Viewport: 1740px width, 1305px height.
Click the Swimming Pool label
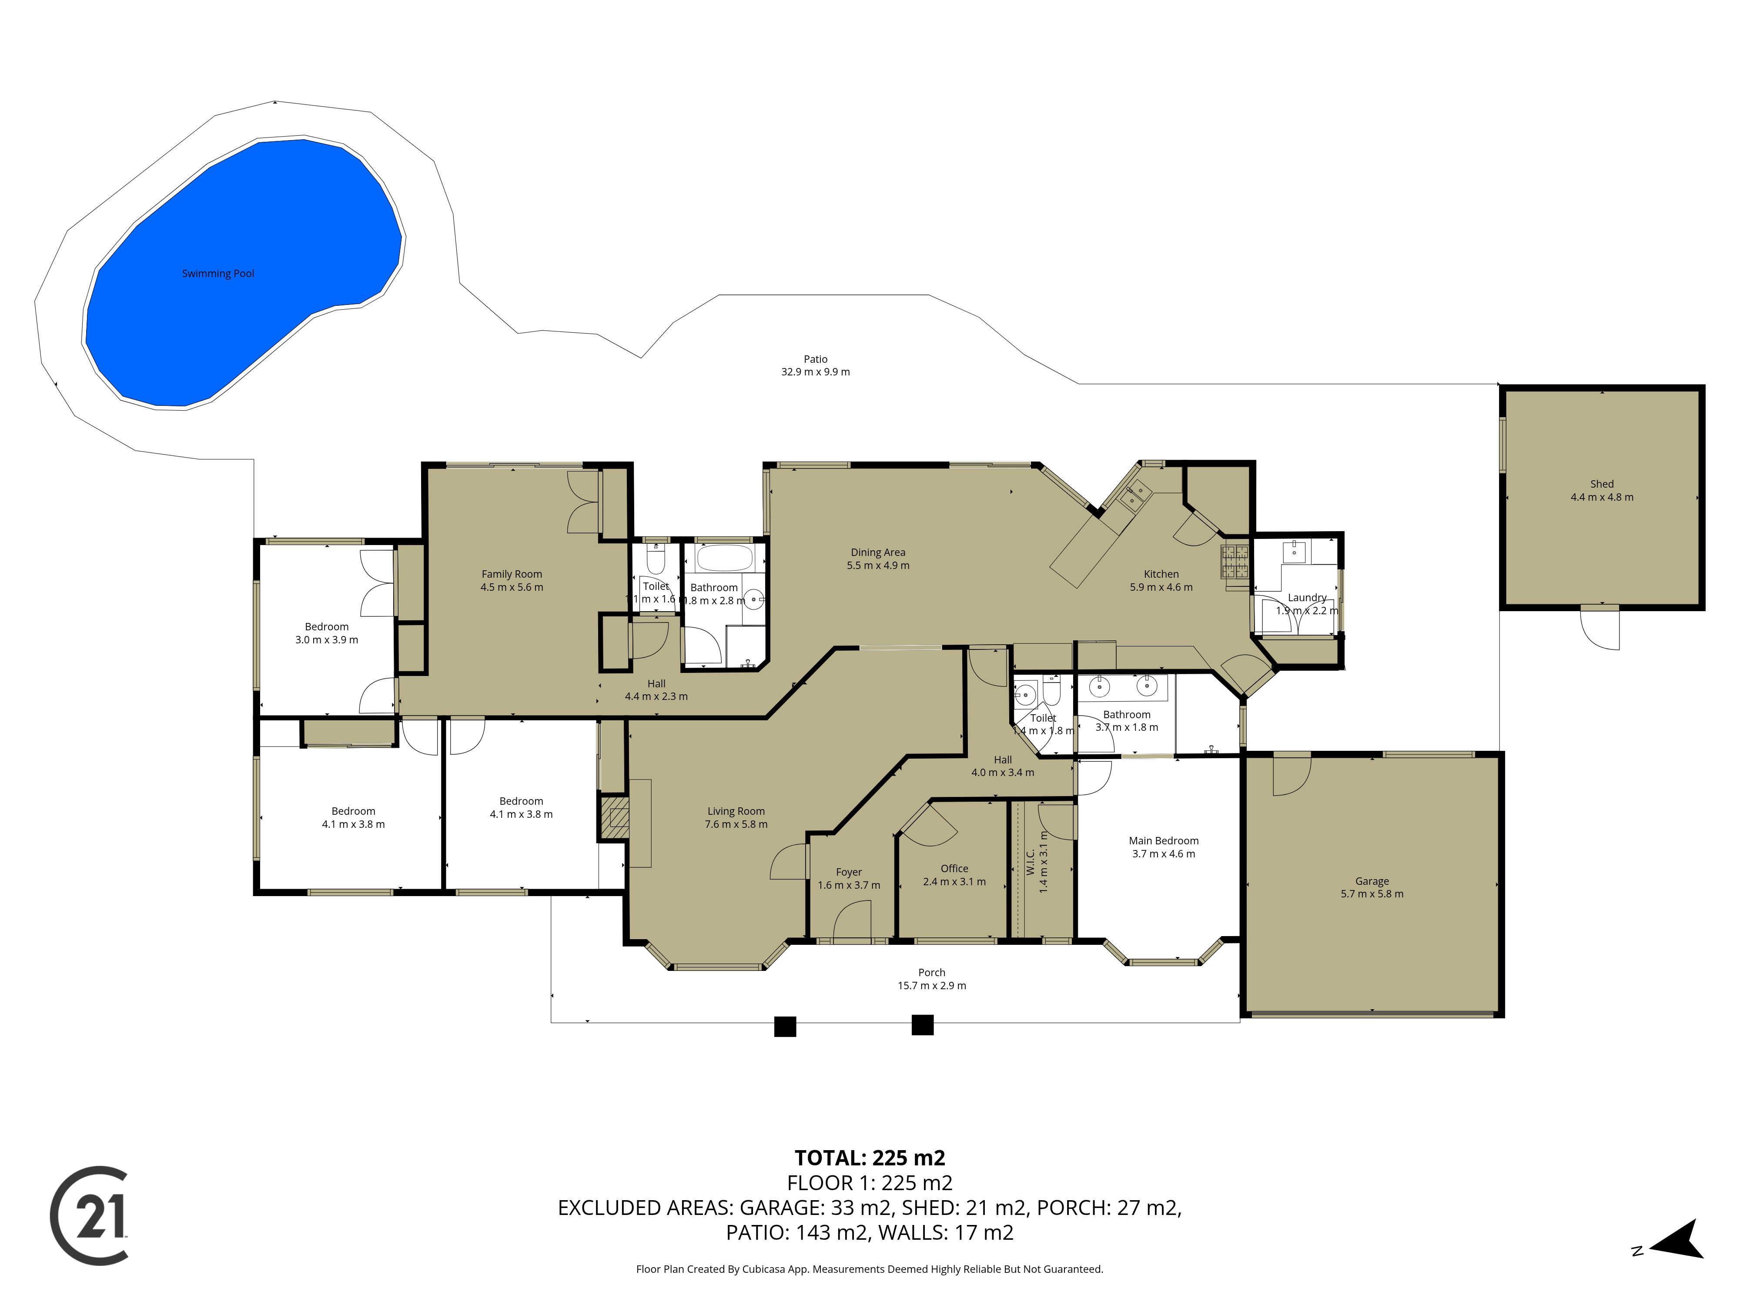(218, 274)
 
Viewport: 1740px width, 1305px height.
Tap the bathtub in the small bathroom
(724, 559)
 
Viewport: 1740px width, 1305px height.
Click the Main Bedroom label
(1164, 841)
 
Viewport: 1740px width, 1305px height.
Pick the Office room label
(954, 868)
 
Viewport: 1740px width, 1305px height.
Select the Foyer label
(849, 872)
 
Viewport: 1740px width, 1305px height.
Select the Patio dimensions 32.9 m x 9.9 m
(815, 372)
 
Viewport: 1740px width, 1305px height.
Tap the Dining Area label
(878, 552)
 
